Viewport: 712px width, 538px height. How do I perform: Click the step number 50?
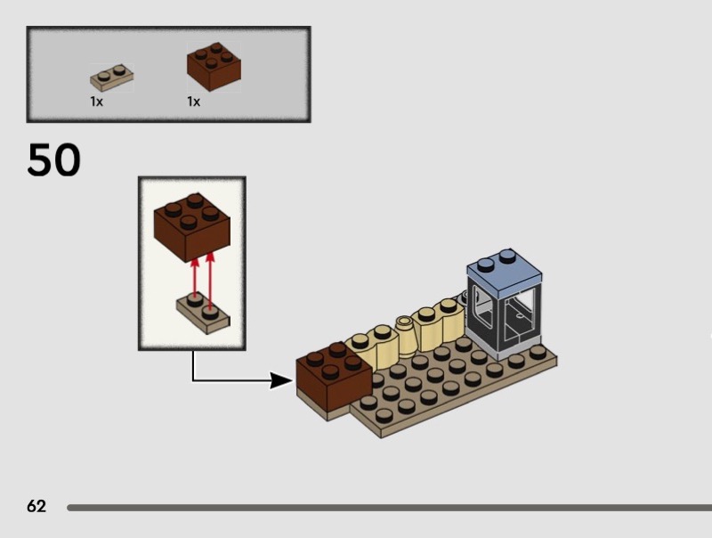point(53,160)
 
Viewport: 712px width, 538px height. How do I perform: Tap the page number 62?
point(36,507)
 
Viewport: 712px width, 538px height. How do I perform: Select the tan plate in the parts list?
point(111,77)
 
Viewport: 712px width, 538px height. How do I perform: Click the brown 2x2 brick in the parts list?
point(214,68)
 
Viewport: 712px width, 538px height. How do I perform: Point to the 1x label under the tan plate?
point(96,102)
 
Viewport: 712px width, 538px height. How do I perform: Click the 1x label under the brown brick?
point(193,102)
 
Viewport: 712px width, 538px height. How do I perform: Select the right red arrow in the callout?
point(211,281)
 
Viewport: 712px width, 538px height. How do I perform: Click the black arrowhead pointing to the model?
point(282,381)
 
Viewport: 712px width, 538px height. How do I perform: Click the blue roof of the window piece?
point(504,266)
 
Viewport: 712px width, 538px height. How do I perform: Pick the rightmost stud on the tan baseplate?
point(538,352)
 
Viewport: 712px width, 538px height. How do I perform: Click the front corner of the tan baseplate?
point(380,432)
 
